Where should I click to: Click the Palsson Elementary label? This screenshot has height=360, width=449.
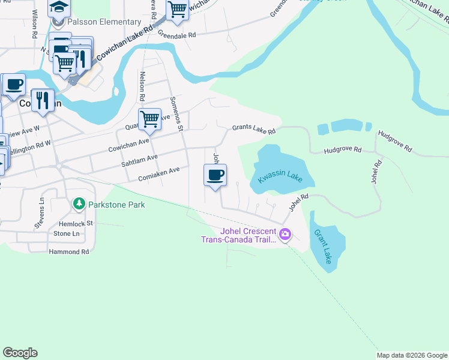[104, 22]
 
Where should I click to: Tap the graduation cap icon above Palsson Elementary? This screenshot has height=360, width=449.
[59, 7]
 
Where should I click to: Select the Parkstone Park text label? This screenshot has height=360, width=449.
[116, 205]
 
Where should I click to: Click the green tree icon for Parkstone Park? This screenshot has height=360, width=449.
[79, 205]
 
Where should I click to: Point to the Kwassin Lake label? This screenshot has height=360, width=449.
[277, 177]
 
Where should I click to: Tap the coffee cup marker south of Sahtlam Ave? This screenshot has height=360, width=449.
[215, 176]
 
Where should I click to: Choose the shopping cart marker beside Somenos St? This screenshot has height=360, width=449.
[149, 119]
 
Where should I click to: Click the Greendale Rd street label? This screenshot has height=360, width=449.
[177, 35]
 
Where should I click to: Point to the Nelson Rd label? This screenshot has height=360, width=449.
[142, 86]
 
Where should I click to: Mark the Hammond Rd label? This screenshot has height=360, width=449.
[69, 251]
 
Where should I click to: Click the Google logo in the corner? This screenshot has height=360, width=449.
[20, 353]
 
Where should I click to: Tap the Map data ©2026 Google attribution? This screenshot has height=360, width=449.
[412, 355]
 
